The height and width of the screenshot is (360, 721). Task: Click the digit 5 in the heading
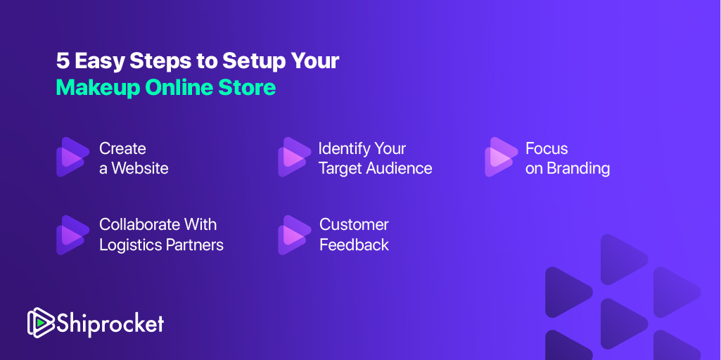pos(63,60)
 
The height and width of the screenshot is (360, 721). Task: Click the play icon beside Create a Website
pos(72,157)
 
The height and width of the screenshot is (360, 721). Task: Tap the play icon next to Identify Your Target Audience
pos(295,157)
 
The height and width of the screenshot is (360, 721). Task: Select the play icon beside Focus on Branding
pos(502,157)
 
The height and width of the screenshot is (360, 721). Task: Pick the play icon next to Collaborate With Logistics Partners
pos(72,235)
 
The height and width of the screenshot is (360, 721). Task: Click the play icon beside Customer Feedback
pos(295,235)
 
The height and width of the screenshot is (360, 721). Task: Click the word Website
pos(140,168)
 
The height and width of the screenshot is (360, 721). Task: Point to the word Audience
pos(399,168)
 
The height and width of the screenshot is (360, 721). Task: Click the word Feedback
pos(354,245)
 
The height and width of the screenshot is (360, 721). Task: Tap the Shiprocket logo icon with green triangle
pos(41,323)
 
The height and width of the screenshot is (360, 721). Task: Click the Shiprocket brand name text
pos(110,323)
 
